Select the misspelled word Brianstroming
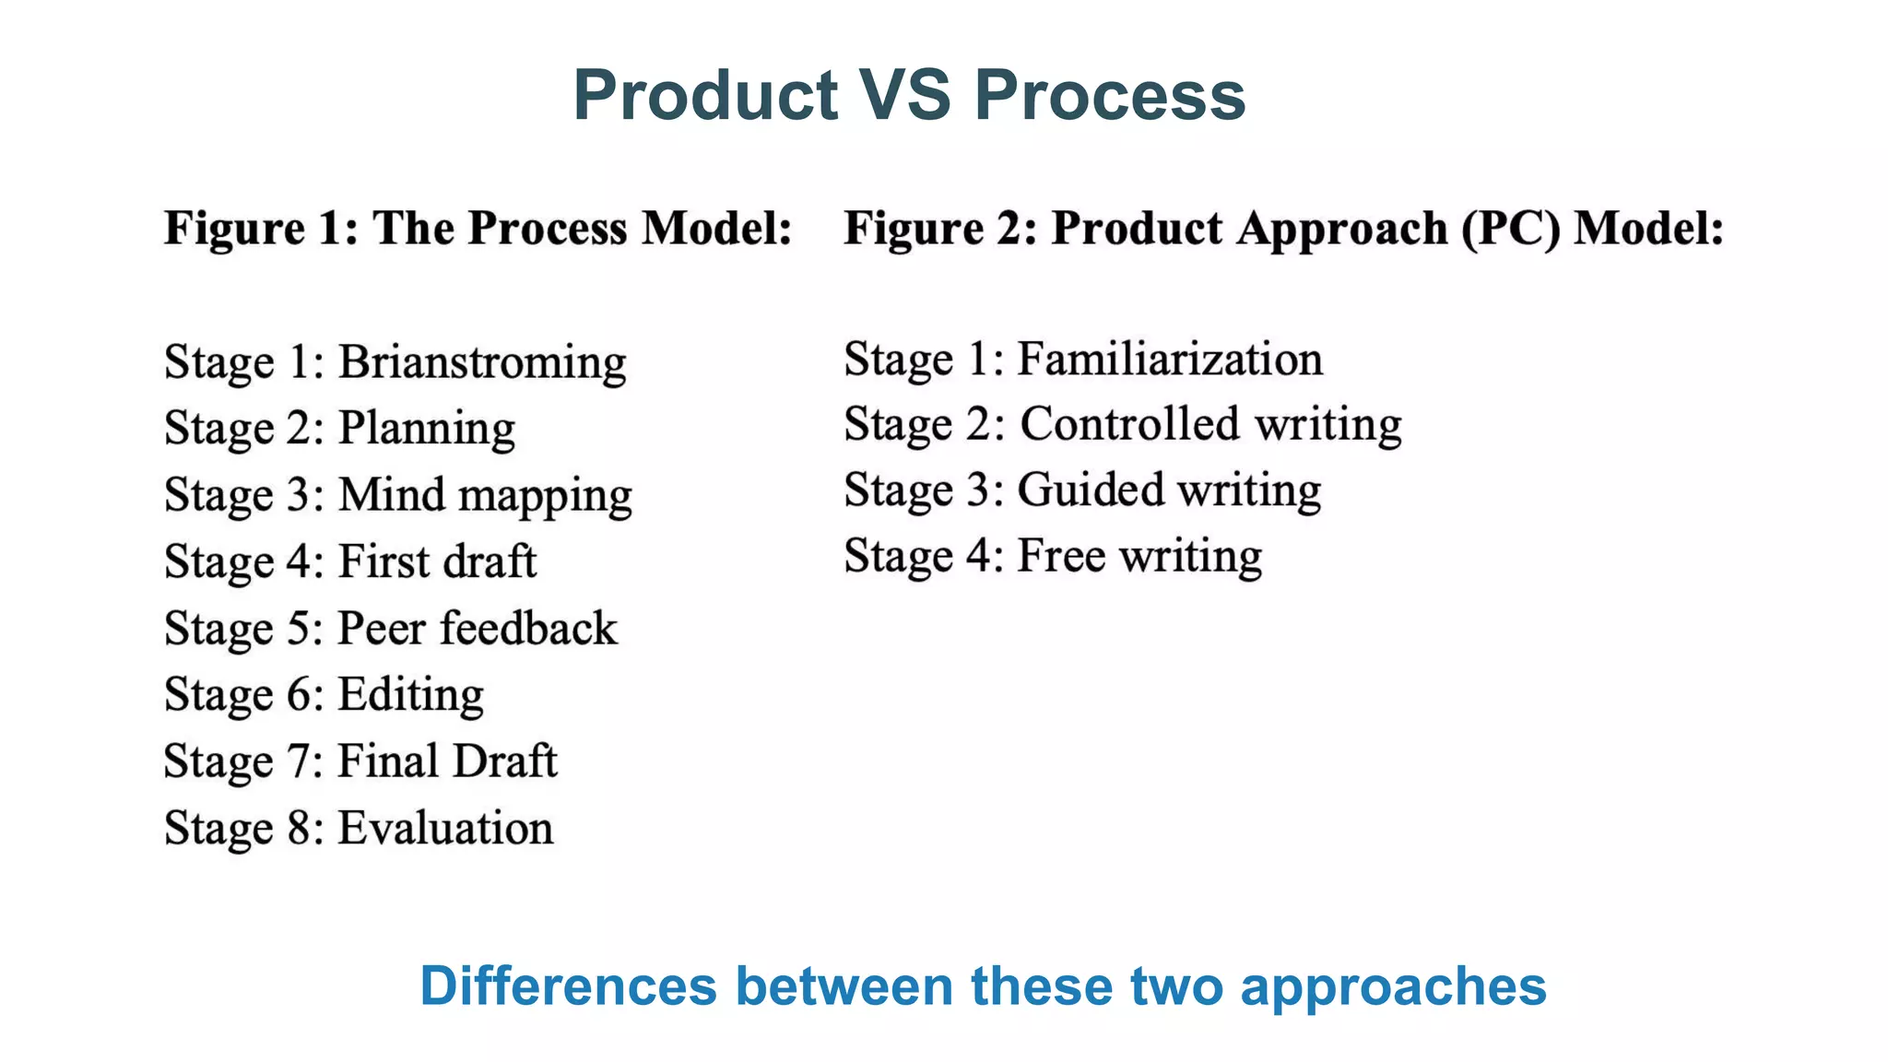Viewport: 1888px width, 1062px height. (482, 361)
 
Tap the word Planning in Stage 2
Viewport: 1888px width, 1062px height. (427, 429)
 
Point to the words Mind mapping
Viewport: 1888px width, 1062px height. (485, 495)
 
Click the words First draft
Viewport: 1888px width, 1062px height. (437, 561)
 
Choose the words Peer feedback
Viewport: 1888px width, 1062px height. (478, 629)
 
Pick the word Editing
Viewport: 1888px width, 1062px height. (410, 695)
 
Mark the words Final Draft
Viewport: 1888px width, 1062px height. (447, 761)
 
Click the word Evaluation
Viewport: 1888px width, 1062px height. (445, 828)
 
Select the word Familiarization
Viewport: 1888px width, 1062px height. (1170, 359)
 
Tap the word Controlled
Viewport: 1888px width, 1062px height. (1130, 424)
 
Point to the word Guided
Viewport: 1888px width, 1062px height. (1091, 490)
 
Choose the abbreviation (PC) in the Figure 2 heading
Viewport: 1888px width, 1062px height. (1511, 229)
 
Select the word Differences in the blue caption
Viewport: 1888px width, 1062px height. (568, 985)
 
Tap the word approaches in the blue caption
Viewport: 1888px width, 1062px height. (1393, 987)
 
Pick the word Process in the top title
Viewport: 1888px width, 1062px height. (1110, 95)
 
